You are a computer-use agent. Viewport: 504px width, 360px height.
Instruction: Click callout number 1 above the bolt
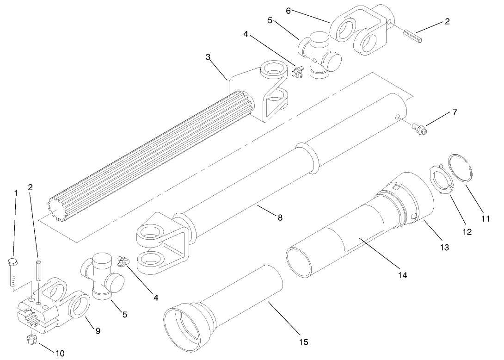15,192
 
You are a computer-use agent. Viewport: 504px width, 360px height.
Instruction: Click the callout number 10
60,354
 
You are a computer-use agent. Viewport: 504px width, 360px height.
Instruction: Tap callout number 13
444,248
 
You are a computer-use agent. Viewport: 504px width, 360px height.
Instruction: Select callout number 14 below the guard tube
402,275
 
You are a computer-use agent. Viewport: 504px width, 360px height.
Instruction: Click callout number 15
303,342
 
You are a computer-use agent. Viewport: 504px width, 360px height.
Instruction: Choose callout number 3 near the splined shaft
208,57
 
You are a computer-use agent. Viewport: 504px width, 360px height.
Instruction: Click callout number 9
98,331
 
